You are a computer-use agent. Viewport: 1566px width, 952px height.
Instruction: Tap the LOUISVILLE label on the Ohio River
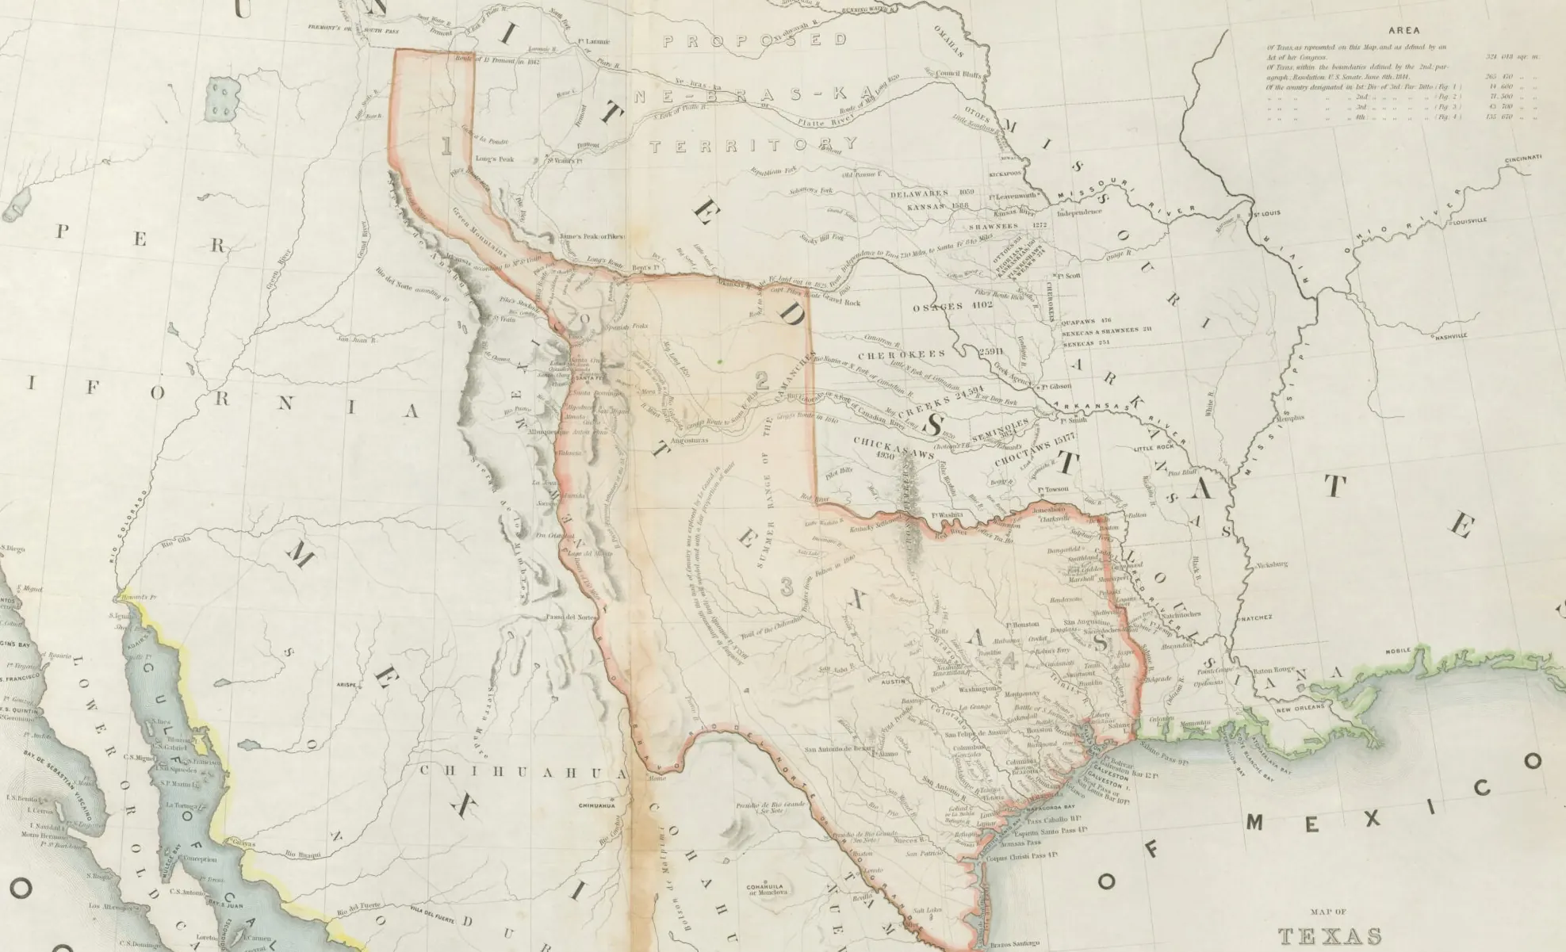point(1469,222)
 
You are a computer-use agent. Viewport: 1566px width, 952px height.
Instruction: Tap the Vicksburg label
point(1271,565)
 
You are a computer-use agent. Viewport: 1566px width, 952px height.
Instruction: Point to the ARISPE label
point(348,683)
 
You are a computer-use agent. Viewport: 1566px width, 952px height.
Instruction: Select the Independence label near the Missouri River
point(1078,212)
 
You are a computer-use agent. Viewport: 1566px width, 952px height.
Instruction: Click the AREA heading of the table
point(1403,31)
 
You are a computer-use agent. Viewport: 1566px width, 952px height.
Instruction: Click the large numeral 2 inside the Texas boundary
point(762,380)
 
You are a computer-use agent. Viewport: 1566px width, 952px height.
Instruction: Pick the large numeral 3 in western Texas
point(787,587)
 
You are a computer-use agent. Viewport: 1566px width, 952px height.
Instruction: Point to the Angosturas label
point(688,441)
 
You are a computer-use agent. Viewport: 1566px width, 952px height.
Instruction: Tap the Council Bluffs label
point(959,75)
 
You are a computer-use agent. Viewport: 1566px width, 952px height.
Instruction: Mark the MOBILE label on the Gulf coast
point(1399,651)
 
